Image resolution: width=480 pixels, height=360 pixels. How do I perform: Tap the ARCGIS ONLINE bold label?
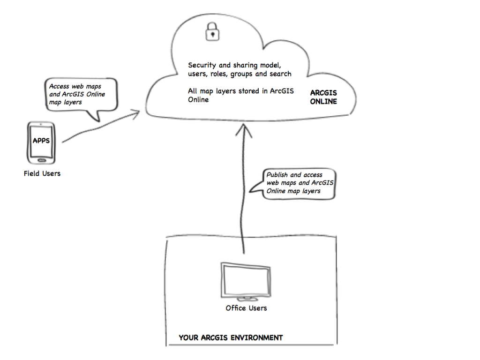point(323,97)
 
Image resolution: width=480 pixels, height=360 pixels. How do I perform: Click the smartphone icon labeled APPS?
point(41,142)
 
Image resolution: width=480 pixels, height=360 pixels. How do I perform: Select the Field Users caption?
point(42,173)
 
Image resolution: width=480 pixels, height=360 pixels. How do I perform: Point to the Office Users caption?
point(246,308)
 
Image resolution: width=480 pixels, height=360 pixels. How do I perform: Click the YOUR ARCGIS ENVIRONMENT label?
point(231,337)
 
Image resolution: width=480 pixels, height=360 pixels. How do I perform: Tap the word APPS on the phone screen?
point(41,141)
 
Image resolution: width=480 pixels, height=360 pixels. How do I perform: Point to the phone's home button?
point(41,159)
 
